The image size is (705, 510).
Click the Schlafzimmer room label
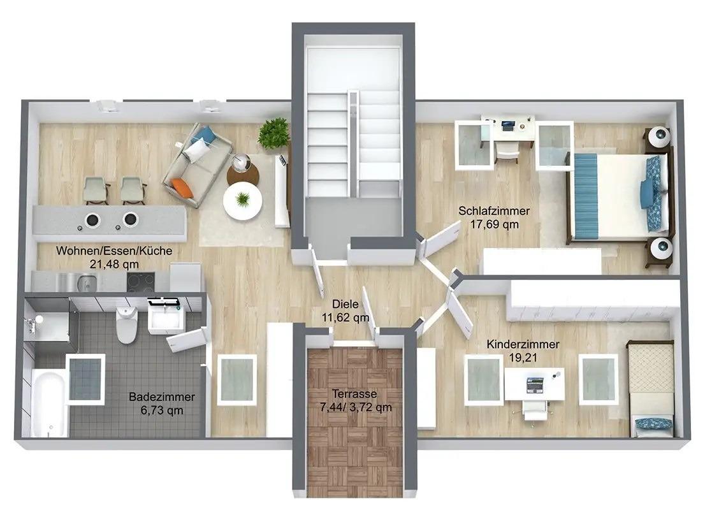click(494, 210)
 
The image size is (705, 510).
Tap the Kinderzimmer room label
click(523, 344)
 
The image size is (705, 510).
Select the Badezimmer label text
click(162, 397)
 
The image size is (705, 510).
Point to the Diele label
click(345, 304)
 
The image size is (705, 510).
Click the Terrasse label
click(354, 394)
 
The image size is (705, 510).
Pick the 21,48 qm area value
click(114, 264)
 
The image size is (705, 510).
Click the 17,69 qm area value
click(495, 224)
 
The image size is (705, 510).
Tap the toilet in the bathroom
click(126, 321)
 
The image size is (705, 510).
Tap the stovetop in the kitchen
click(141, 282)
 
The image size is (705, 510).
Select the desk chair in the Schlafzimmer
click(507, 152)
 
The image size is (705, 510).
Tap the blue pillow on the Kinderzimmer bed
click(655, 425)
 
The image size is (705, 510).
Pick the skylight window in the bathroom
click(85, 376)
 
